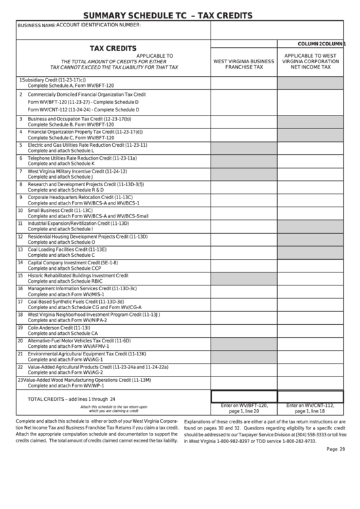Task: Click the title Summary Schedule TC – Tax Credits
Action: coord(167,15)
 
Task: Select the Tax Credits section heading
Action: coord(113,49)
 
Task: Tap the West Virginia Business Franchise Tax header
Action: coord(244,64)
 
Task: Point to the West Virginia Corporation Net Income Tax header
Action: coord(310,61)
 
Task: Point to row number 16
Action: coord(20,287)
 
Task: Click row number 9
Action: coord(20,196)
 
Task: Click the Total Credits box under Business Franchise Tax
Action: coord(244,396)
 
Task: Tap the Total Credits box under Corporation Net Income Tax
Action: coord(310,396)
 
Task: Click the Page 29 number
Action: coord(336,449)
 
